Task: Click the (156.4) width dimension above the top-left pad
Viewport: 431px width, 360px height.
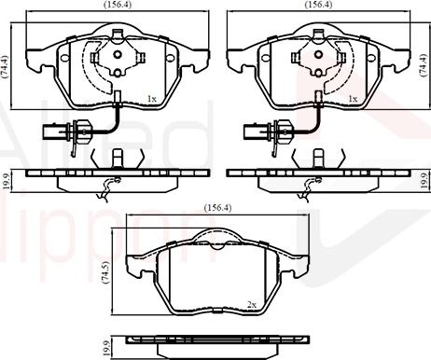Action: point(117,6)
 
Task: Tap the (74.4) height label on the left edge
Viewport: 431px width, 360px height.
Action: point(6,64)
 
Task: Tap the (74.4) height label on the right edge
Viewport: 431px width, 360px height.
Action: point(425,64)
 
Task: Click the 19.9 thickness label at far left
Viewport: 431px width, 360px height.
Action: point(6,178)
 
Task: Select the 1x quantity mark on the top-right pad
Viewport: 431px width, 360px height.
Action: point(353,98)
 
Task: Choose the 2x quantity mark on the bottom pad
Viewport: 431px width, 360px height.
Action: point(251,304)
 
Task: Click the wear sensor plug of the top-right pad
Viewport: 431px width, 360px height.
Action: point(258,131)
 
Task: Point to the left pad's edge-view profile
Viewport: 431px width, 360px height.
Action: point(116,177)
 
